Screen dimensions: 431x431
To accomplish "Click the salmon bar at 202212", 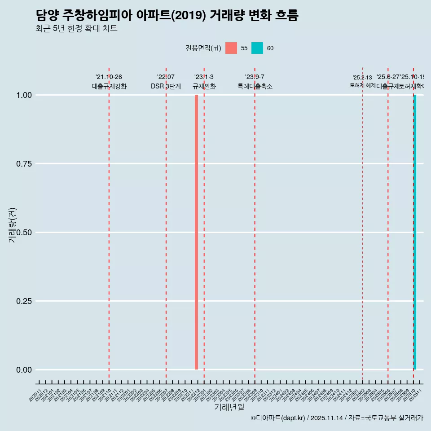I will (x=196, y=232).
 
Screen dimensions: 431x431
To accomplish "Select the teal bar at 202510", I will (x=415, y=232).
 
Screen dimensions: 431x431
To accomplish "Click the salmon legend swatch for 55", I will (x=231, y=48).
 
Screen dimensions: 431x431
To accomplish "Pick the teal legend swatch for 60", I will (x=257, y=48).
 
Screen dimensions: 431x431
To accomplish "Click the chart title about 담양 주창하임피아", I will (x=167, y=15).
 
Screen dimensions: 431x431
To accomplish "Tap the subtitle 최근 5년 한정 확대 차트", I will (x=76, y=29).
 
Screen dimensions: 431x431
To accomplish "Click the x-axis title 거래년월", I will (x=229, y=407).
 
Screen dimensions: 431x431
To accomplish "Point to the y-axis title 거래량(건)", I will (x=13, y=225).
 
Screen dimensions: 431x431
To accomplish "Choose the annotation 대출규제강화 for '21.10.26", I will (x=109, y=86).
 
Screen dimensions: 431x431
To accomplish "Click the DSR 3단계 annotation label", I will (x=166, y=86).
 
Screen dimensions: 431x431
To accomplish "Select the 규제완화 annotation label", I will (x=204, y=86).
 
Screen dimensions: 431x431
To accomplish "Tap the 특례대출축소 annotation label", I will (x=255, y=86).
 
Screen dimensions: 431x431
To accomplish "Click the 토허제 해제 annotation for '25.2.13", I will (x=362, y=85).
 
